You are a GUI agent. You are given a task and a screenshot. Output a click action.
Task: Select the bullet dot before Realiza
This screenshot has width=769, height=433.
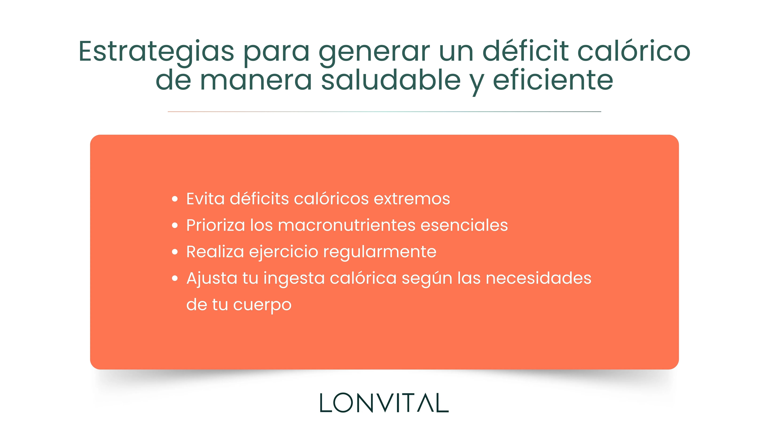click(x=175, y=252)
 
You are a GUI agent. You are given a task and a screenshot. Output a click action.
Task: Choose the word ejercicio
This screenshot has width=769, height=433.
click(x=284, y=252)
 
